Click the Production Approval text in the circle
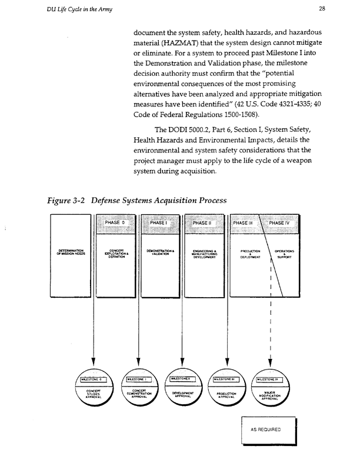pos(226,395)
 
